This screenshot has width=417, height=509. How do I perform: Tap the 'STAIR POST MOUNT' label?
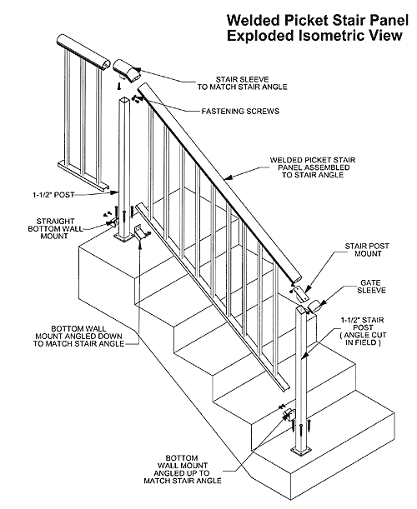[364, 252]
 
